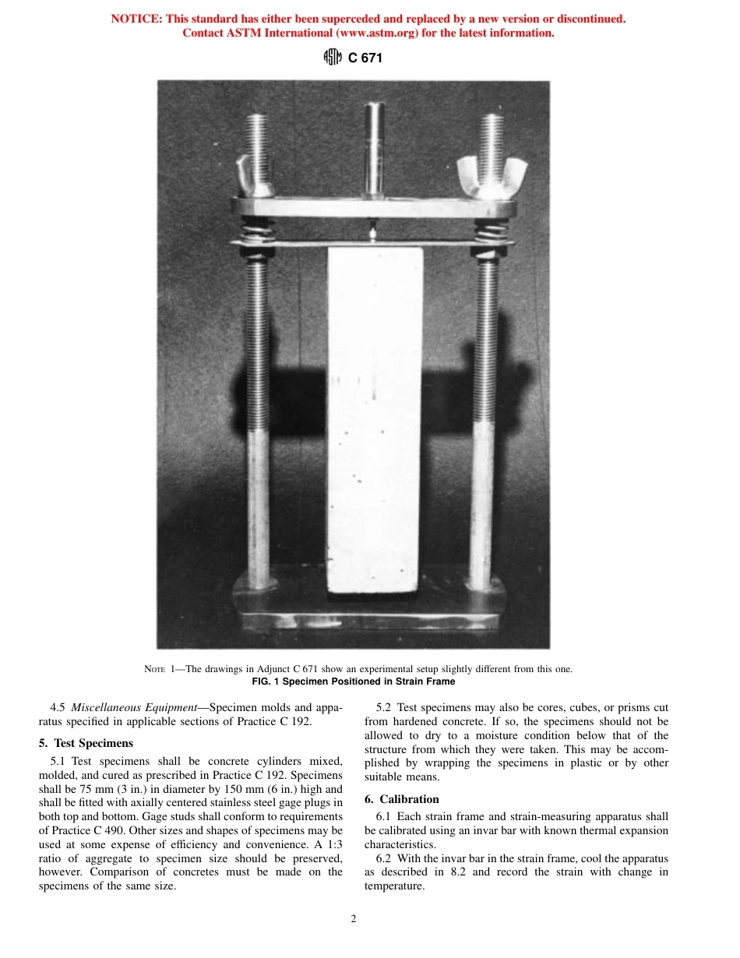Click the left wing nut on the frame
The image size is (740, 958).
[x=258, y=177]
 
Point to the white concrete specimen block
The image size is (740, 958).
[x=375, y=421]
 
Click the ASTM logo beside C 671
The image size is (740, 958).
[x=333, y=58]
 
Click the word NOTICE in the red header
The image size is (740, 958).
[x=137, y=19]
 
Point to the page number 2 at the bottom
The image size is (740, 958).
[x=354, y=919]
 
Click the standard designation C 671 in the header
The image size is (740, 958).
[x=365, y=58]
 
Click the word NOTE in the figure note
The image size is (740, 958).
[x=155, y=669]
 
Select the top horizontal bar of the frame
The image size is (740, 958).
[x=374, y=208]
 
